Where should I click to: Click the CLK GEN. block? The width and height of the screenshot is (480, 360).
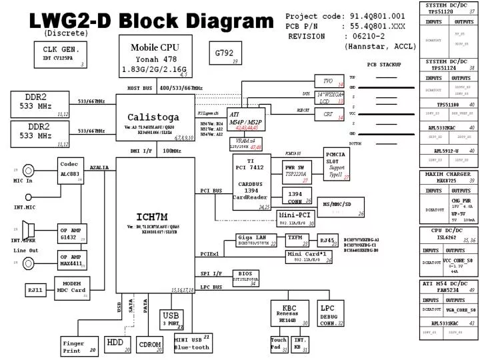click(61, 54)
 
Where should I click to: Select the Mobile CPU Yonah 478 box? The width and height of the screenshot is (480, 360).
click(155, 57)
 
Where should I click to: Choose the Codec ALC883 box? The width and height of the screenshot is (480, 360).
click(71, 171)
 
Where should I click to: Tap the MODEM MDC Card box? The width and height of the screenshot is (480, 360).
click(72, 287)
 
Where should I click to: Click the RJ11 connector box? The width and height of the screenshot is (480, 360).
click(35, 290)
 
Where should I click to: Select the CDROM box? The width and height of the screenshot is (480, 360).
click(149, 345)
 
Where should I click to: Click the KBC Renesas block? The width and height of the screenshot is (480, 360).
click(290, 313)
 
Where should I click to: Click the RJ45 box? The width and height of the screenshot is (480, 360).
click(327, 241)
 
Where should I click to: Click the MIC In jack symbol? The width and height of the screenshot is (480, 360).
click(28, 171)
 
